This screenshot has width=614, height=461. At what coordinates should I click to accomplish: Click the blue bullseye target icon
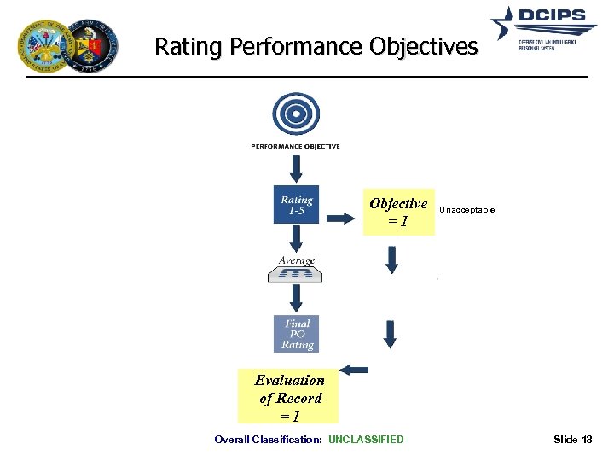click(x=295, y=114)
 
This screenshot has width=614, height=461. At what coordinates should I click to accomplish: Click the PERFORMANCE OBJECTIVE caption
click(x=295, y=147)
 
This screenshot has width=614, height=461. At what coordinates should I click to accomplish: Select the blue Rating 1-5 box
click(x=296, y=205)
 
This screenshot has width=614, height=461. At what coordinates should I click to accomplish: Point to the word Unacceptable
click(x=466, y=209)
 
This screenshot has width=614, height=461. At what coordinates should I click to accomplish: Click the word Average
click(x=296, y=260)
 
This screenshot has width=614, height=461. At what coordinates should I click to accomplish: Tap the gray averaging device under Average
click(x=295, y=273)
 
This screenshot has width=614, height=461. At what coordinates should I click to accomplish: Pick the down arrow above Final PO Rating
click(x=295, y=298)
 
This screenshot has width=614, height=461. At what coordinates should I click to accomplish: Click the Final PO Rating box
click(x=297, y=334)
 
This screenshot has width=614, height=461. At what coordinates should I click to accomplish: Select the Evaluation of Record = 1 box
click(x=288, y=398)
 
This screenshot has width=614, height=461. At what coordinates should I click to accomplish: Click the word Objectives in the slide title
click(x=424, y=47)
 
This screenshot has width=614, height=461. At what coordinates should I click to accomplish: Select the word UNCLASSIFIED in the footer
click(x=366, y=440)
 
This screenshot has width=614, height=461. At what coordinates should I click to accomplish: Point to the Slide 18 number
click(x=572, y=440)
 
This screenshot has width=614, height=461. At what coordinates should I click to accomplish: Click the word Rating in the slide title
click(x=186, y=47)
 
